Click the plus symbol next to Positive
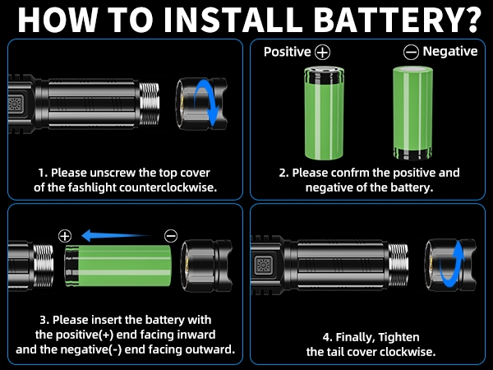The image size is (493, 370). tap(322, 52)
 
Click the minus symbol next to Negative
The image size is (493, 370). tap(411, 52)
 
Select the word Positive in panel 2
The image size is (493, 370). tap(287, 52)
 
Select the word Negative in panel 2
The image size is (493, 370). tap(449, 51)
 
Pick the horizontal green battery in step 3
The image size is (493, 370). tap(119, 267)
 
